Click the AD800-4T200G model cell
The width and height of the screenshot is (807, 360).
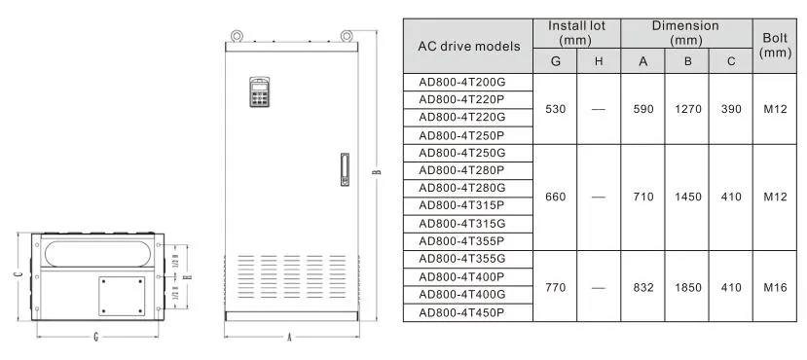[460, 83]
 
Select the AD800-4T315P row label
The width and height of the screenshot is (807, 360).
[461, 205]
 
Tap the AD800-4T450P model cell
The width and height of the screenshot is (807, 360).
[461, 312]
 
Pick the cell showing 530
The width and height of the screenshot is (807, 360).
[555, 109]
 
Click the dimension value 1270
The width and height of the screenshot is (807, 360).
[688, 109]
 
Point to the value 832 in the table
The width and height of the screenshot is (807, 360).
[643, 287]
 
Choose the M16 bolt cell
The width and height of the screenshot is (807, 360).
[775, 287]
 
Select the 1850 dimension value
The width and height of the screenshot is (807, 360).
[688, 287]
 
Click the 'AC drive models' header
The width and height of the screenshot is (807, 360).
[469, 47]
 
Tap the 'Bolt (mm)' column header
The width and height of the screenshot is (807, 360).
[775, 46]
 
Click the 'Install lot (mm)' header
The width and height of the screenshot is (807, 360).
[576, 33]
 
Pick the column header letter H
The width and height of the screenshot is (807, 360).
[599, 61]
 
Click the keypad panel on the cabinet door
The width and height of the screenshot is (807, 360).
[260, 92]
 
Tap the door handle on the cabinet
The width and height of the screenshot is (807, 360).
[345, 169]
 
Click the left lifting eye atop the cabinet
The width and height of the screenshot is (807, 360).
[237, 36]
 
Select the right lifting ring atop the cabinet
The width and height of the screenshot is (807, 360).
[347, 36]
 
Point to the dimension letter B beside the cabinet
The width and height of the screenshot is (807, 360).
[377, 172]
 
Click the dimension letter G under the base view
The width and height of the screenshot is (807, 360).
[96, 338]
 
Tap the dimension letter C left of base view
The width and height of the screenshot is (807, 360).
[18, 275]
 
